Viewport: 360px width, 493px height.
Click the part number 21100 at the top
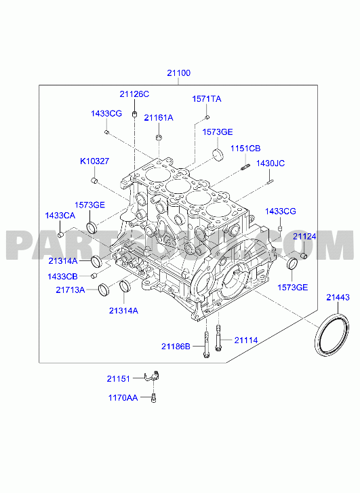(x=178, y=73)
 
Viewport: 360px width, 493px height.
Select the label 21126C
(x=134, y=94)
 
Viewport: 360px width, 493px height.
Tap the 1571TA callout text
(x=207, y=99)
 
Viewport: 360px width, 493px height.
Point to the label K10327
(x=94, y=161)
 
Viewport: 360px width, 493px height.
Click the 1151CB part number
(x=245, y=149)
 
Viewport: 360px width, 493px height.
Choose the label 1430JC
(x=270, y=163)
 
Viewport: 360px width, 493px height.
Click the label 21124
(x=304, y=237)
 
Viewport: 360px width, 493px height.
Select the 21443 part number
(x=338, y=297)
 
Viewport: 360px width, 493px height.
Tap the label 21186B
(x=176, y=346)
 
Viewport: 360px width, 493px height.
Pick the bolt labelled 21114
(x=218, y=338)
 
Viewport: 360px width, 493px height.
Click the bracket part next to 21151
(x=153, y=376)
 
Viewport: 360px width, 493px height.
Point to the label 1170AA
(x=123, y=398)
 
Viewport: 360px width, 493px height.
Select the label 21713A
(x=71, y=290)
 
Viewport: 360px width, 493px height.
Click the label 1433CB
(x=62, y=277)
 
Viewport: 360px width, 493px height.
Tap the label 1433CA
(x=60, y=216)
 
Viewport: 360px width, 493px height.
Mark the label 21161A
(x=159, y=117)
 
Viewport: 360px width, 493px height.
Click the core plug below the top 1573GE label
(x=218, y=155)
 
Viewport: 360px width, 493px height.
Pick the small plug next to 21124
(x=304, y=255)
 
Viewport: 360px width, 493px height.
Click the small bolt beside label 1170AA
(x=153, y=398)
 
